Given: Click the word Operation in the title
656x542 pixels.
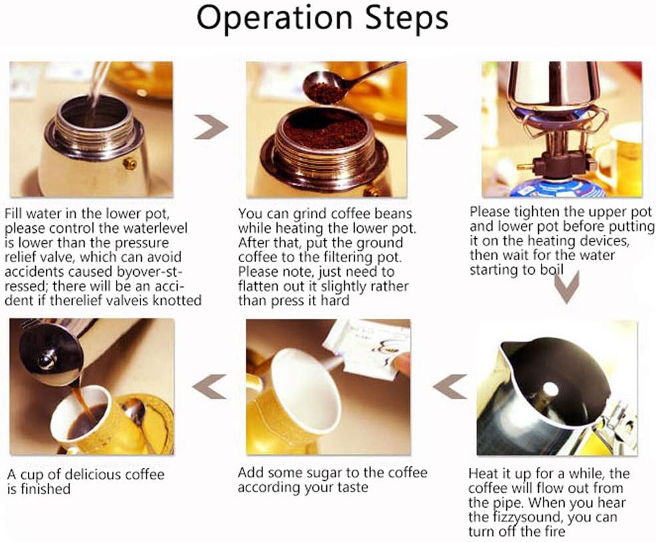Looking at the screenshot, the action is pos(274,18).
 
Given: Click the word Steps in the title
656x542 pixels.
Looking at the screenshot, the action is pos(407,17).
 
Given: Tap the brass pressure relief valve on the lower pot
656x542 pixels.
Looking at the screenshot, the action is pos(130,164).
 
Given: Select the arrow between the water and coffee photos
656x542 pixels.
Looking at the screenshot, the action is pos(211,126).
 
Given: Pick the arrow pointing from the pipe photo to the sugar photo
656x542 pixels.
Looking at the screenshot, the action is pos(450,386).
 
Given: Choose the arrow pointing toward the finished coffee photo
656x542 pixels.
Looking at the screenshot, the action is pos(210,386).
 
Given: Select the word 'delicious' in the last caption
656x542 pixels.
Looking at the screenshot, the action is pos(93,474).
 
